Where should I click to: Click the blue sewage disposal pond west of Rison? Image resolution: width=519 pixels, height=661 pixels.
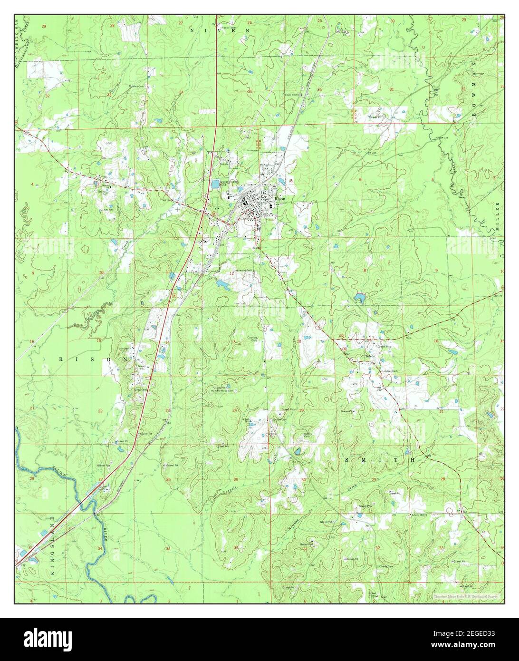[216, 183]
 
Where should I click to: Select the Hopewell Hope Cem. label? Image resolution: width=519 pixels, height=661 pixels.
[223, 391]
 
